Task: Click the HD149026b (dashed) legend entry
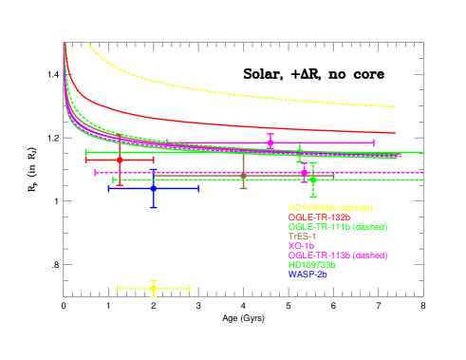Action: (x=330, y=208)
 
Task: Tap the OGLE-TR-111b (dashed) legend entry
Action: (x=337, y=227)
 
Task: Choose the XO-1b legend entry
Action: (x=302, y=246)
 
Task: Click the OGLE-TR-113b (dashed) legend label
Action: (x=337, y=256)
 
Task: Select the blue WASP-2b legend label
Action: (x=308, y=275)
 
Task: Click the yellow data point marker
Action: (x=153, y=288)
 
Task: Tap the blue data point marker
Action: (x=153, y=188)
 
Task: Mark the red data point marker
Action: (x=120, y=160)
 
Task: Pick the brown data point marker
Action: (x=244, y=176)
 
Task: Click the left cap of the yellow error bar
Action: (x=118, y=288)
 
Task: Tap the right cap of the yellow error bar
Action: (x=190, y=288)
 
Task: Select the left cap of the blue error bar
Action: (x=109, y=188)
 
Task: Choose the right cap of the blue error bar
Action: (x=198, y=188)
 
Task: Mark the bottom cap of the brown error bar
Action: (x=244, y=188)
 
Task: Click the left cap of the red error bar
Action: (x=86, y=160)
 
